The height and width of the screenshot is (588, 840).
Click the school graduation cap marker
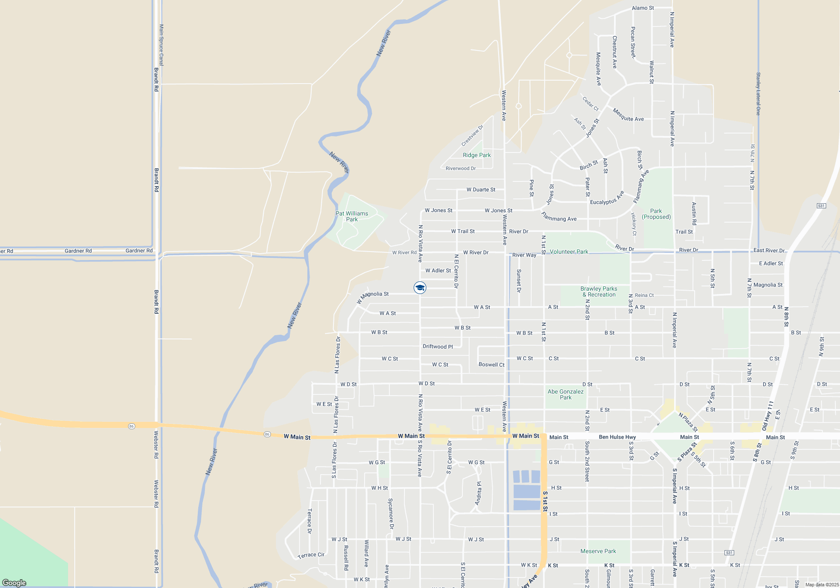[420, 288]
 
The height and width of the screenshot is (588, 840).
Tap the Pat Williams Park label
[352, 216]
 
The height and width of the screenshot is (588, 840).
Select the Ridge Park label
[477, 155]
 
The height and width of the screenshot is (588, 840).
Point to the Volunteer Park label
[569, 252]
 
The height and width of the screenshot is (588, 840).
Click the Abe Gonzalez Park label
[565, 394]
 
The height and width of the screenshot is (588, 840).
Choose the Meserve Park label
[598, 551]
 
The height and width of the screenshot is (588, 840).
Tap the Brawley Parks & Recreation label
[599, 291]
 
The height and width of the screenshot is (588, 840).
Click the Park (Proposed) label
[656, 214]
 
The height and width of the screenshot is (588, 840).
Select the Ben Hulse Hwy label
[617, 437]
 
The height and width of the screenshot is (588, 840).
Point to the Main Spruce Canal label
[161, 45]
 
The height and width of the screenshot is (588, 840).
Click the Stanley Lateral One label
[758, 94]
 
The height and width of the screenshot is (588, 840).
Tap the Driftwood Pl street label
[438, 346]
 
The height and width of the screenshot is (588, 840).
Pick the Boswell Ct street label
[491, 365]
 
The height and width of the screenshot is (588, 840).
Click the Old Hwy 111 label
[767, 416]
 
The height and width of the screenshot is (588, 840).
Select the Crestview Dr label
[472, 136]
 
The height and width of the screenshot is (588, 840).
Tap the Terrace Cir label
[311, 555]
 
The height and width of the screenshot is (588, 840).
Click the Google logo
[14, 583]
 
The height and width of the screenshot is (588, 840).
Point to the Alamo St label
[643, 8]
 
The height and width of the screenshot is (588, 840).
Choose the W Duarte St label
[481, 189]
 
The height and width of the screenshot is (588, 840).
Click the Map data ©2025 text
[822, 585]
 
